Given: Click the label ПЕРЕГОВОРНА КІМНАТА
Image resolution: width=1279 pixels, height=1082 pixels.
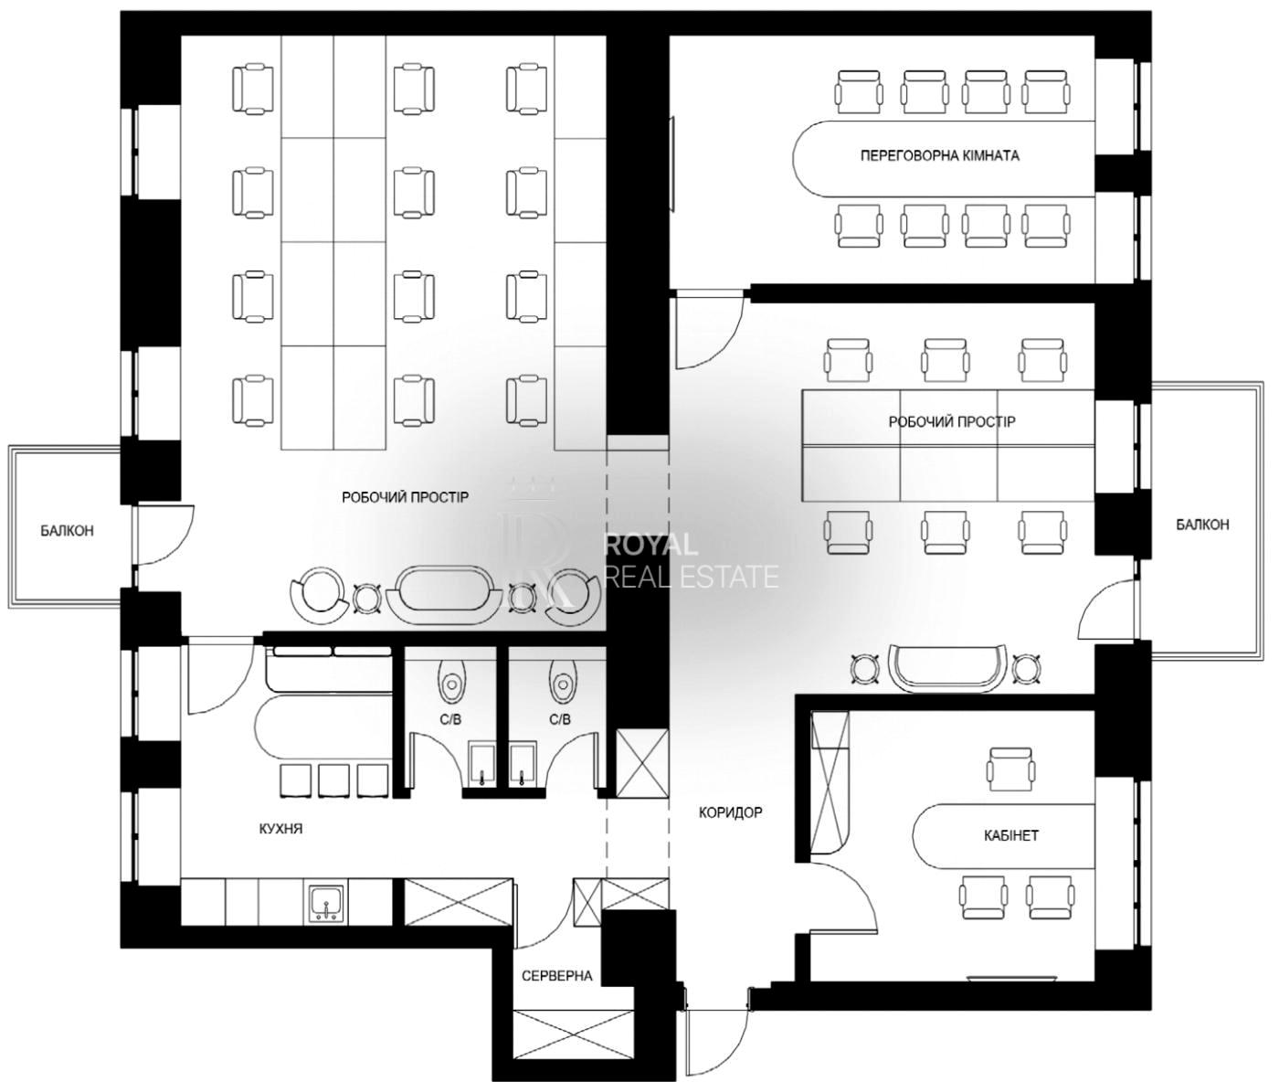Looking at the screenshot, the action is (939, 155).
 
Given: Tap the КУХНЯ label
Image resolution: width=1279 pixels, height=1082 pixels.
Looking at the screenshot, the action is (280, 829).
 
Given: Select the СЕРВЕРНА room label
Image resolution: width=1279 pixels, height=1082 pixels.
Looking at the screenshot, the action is (557, 976).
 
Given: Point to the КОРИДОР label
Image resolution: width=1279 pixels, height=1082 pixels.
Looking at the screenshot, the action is (730, 812).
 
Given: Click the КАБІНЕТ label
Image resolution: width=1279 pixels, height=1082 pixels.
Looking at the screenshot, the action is (1011, 835).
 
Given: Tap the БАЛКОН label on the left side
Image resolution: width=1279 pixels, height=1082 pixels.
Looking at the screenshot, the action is (68, 530).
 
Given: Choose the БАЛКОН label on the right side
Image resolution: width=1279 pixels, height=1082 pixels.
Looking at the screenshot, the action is (1202, 525).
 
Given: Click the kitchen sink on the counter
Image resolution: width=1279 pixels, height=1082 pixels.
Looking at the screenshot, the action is (325, 905).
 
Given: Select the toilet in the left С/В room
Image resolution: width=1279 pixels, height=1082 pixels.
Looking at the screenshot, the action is (451, 680).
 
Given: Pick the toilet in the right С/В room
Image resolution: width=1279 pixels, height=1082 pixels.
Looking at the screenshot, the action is (563, 680).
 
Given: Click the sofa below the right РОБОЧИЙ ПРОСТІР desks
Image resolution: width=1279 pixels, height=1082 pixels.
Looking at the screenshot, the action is (946, 669).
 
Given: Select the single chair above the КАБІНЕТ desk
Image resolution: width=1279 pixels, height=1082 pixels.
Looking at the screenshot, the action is (1011, 769).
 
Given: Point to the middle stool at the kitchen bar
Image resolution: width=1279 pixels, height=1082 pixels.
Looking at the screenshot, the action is (334, 780).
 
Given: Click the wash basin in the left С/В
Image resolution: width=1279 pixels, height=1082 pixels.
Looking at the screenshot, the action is (482, 764).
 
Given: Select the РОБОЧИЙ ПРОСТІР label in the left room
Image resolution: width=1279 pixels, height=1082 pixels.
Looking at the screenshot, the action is (406, 497).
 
